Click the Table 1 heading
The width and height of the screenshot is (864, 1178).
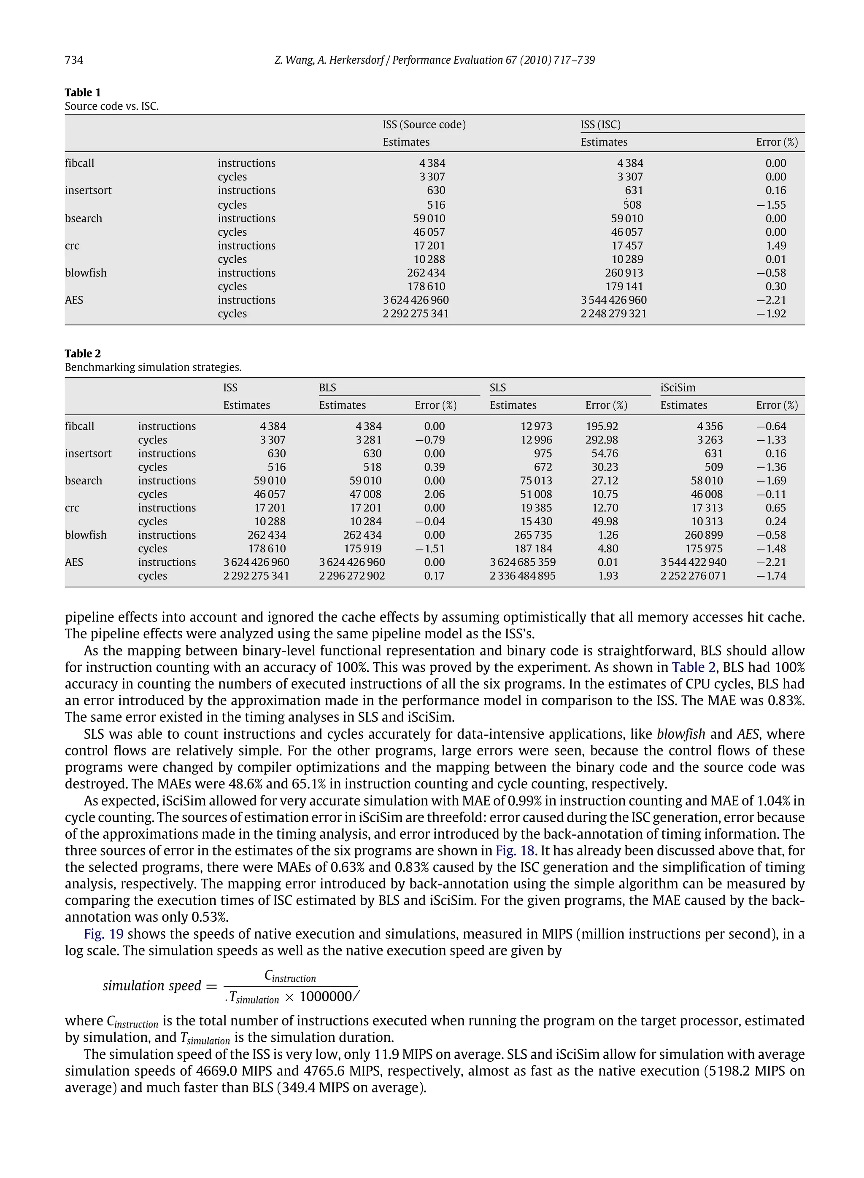(x=83, y=92)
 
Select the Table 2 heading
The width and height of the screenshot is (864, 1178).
(x=83, y=353)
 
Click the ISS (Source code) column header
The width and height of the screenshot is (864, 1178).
(x=424, y=124)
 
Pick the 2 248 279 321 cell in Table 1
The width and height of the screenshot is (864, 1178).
(x=613, y=314)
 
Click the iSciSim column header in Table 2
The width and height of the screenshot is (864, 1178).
(x=678, y=388)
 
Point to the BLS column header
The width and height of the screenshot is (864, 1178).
(x=327, y=388)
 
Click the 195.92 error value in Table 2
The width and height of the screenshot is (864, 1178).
(x=602, y=426)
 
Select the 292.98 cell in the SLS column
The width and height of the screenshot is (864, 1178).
(x=602, y=440)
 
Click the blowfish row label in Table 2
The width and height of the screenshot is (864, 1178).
(x=86, y=535)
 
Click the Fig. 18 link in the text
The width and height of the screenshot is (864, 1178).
(x=515, y=850)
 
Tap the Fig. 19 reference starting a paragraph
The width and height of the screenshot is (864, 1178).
(x=103, y=934)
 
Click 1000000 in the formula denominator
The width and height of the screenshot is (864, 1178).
(x=326, y=997)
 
